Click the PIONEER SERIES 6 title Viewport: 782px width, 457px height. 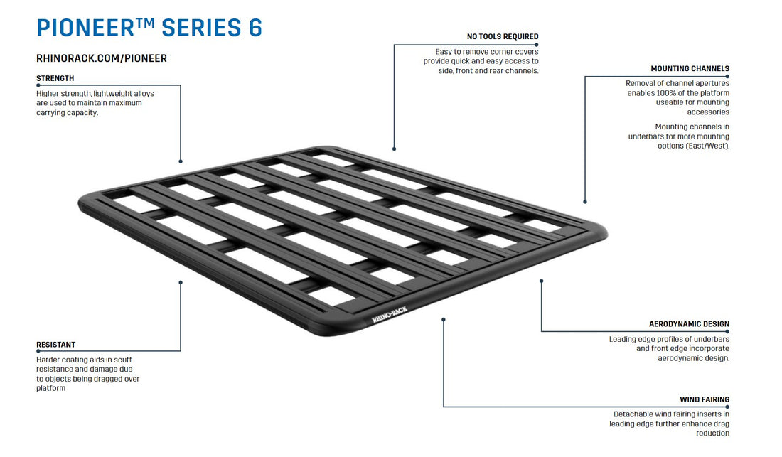pyautogui.click(x=149, y=28)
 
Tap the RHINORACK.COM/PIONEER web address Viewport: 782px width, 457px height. pyautogui.click(x=102, y=58)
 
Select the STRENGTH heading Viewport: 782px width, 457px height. pyautogui.click(x=55, y=78)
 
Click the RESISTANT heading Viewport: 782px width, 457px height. pyautogui.click(x=56, y=345)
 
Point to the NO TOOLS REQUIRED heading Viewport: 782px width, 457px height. pyautogui.click(x=503, y=36)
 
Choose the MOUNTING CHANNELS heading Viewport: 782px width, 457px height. pyautogui.click(x=690, y=68)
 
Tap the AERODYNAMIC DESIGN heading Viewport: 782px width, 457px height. pyautogui.click(x=690, y=324)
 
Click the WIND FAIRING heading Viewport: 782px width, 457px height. pyautogui.click(x=705, y=399)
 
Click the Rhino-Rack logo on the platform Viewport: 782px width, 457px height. pyautogui.click(x=390, y=314)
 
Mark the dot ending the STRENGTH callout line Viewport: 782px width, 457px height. pyautogui.click(x=181, y=161)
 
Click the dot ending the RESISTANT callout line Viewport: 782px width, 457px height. pyautogui.click(x=181, y=283)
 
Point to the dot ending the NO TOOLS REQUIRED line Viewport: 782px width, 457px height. pyautogui.click(x=394, y=149)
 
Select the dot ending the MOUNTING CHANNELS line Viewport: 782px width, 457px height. pyautogui.click(x=585, y=202)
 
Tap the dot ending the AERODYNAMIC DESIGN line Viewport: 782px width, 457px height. pyautogui.click(x=541, y=281)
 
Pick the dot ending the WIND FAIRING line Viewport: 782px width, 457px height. pyautogui.click(x=444, y=319)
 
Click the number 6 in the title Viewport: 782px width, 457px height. pyautogui.click(x=255, y=28)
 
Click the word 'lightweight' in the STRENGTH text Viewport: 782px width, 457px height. pyautogui.click(x=113, y=94)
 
